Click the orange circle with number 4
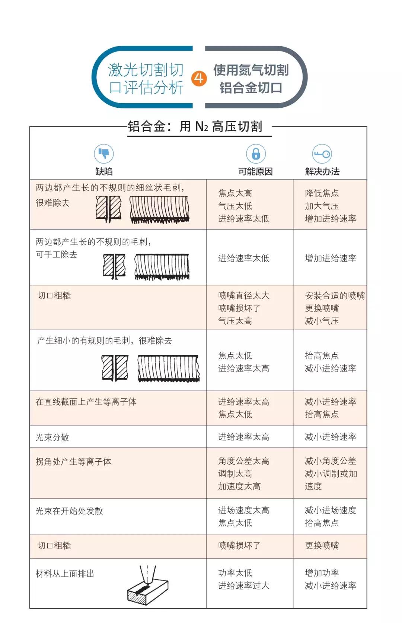199,78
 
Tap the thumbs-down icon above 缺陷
104,154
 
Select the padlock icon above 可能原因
256,154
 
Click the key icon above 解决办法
322,154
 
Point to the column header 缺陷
104,171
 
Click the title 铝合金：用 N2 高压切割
195,127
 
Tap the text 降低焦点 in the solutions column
322,193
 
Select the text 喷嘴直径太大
243,295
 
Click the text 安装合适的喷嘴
335,295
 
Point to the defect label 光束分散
52,437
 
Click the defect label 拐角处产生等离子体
73,462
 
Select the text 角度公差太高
243,461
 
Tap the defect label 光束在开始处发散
69,511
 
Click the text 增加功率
322,573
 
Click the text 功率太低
235,573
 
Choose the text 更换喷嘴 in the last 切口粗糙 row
322,545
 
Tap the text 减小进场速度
330,510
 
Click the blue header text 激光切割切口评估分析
146,79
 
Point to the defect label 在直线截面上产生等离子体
86,402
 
